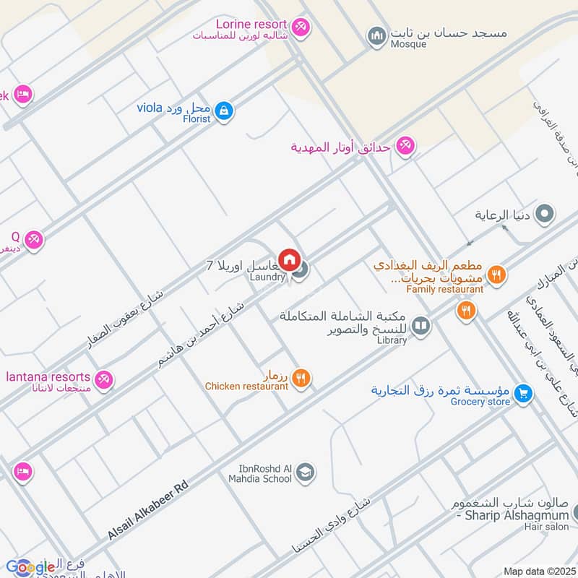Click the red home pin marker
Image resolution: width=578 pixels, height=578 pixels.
pos(289,259)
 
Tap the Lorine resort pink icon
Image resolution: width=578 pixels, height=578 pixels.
pos(301,25)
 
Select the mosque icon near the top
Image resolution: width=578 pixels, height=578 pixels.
pos(376,35)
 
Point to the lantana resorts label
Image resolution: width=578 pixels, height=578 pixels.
pos(48,376)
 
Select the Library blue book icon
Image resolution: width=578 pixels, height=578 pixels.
pos(420,327)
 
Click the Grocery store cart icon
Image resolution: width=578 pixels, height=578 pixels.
pos(525,393)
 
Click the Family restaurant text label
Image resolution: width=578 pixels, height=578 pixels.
pos(444,289)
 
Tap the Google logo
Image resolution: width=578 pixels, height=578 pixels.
pos(30,567)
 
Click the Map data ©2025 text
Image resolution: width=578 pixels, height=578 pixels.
pos(538,571)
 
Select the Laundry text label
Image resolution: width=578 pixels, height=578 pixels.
pos(267,277)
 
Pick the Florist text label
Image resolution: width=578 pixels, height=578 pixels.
pos(196,119)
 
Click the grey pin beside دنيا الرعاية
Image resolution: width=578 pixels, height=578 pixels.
pos(546,215)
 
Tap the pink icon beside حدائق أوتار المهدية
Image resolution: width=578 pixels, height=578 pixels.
pos(405,147)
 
